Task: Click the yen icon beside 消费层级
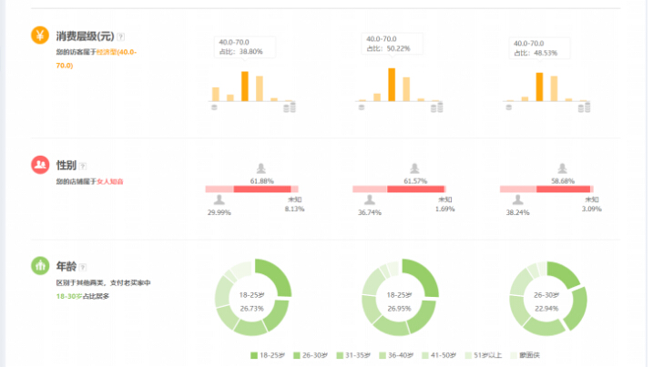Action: (40, 36)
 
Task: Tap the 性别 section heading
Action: (66, 165)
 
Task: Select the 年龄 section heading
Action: (66, 267)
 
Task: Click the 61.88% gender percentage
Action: (261, 180)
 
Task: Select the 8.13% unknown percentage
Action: (294, 209)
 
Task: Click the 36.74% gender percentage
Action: (368, 211)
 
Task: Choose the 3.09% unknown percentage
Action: (592, 209)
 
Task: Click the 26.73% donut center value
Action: (250, 309)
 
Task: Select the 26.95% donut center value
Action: (401, 309)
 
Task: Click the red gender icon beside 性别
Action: (40, 165)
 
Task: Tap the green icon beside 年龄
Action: (40, 267)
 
